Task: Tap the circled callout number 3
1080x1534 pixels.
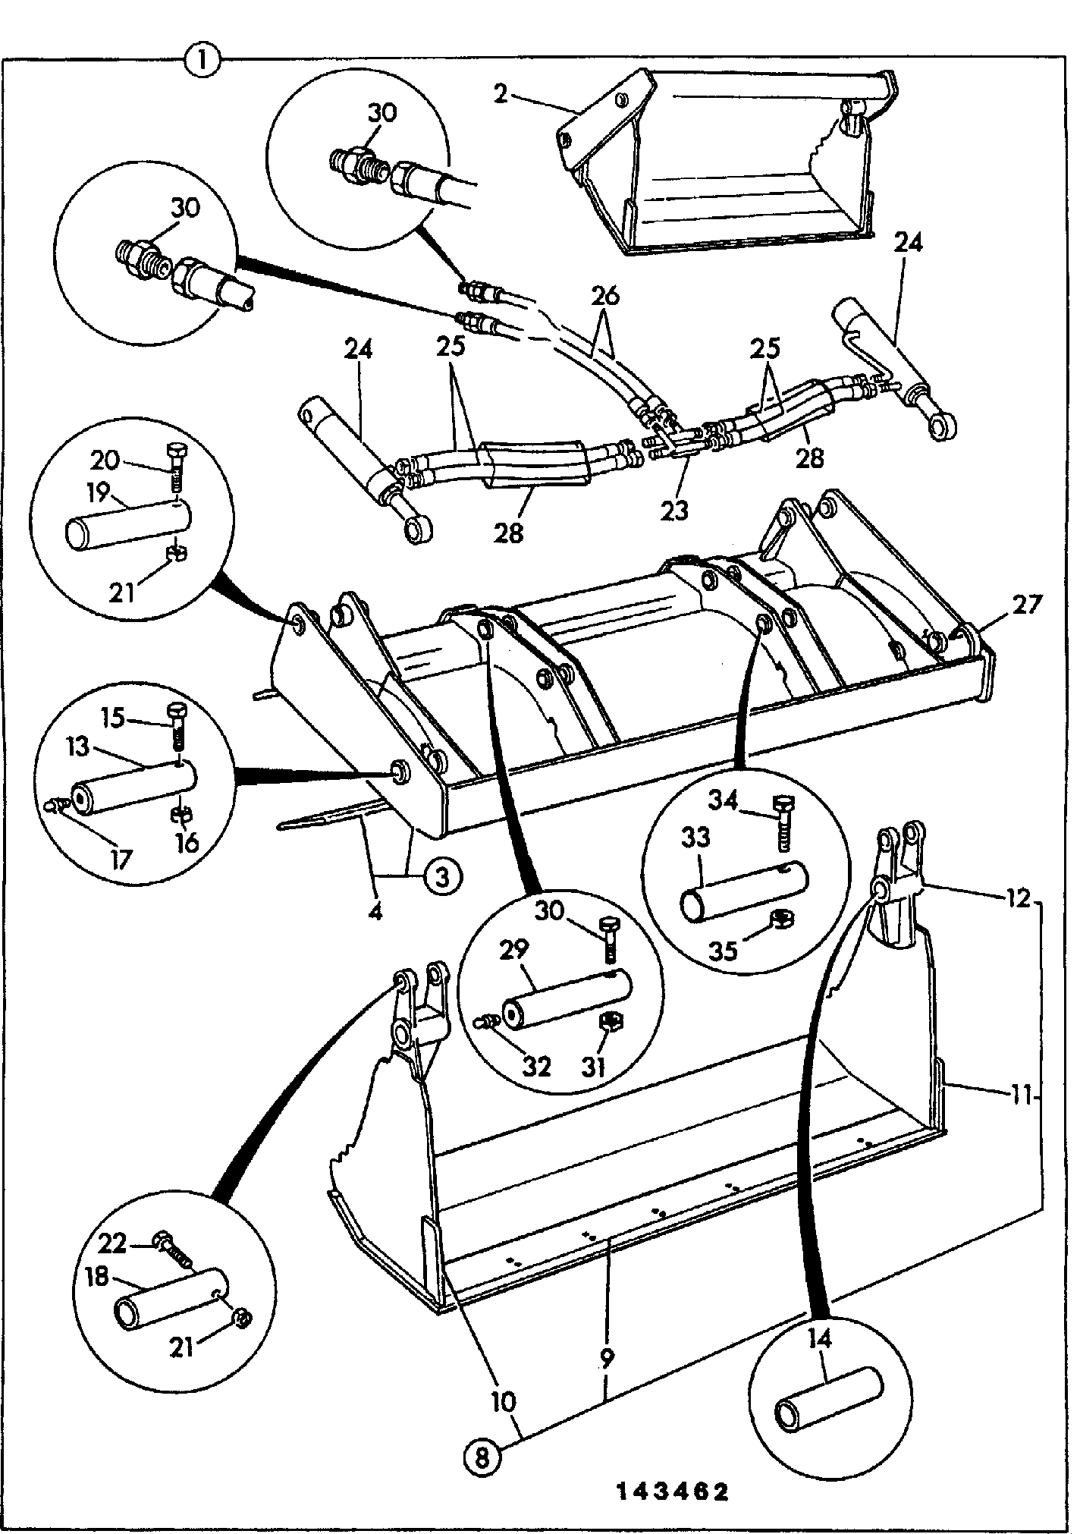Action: coord(441,878)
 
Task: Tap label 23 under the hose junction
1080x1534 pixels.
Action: coord(673,511)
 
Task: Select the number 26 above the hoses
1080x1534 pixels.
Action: coord(604,296)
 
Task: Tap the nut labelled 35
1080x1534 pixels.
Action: coord(781,920)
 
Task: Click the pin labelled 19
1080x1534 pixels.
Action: coord(129,523)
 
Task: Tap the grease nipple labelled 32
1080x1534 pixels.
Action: coord(486,1023)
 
